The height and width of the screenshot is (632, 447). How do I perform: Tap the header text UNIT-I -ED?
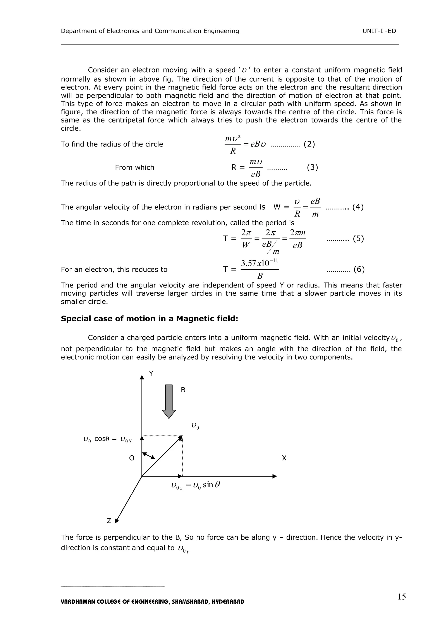click(379, 31)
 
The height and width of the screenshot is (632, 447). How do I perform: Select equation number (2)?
click(309, 144)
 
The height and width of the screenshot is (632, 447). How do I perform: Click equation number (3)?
click(312, 167)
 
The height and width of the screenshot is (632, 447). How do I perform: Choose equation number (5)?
click(358, 238)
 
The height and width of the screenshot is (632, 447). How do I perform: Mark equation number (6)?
click(359, 269)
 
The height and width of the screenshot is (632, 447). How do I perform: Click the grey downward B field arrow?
click(169, 401)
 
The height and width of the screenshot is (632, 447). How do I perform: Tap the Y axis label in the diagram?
click(151, 374)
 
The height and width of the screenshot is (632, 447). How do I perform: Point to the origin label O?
click(132, 458)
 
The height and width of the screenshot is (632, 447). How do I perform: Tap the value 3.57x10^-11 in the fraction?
click(259, 263)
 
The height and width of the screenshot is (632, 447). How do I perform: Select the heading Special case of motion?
click(149, 319)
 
